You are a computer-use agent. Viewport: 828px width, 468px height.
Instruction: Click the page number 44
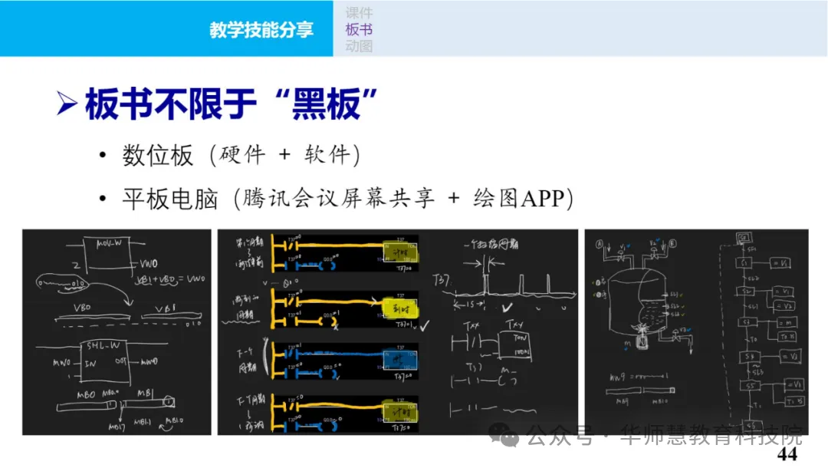pyautogui.click(x=787, y=454)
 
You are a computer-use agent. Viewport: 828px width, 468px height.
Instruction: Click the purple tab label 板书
pyautogui.click(x=359, y=29)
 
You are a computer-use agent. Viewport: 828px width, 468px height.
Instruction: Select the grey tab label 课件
pyautogui.click(x=359, y=12)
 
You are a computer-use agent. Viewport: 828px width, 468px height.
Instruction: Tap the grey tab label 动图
pyautogui.click(x=359, y=46)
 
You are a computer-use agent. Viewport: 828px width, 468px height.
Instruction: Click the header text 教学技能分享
pyautogui.click(x=261, y=29)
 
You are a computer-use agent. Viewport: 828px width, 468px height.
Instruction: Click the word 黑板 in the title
pyautogui.click(x=326, y=104)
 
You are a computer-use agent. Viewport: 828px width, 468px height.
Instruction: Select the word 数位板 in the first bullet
pyautogui.click(x=158, y=156)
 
